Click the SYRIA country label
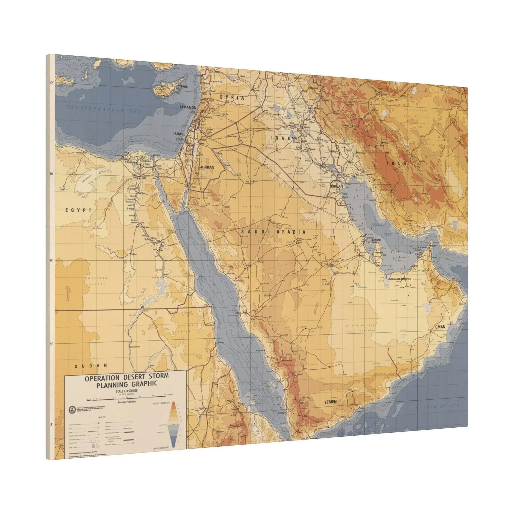pyautogui.click(x=232, y=98)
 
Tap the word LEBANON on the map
pyautogui.click(x=188, y=107)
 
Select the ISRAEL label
pyautogui.click(x=179, y=134)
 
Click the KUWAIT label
pyautogui.click(x=337, y=187)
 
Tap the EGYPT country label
pyautogui.click(x=78, y=210)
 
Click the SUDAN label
pyautogui.click(x=90, y=366)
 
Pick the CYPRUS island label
pyautogui.click(x=183, y=87)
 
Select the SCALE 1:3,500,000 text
pyautogui.click(x=127, y=391)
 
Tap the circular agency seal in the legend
pyautogui.click(x=71, y=409)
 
